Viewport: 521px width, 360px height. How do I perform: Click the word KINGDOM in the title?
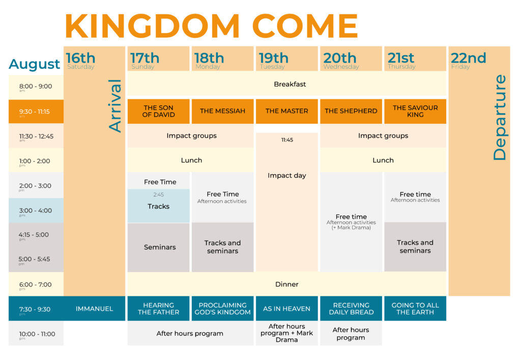pyautogui.click(x=152, y=26)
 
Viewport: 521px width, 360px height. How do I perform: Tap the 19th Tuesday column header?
pyautogui.click(x=287, y=59)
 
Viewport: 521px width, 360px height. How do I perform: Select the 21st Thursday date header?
pyautogui.click(x=415, y=59)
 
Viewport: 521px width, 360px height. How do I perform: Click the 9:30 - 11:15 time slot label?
pyautogui.click(x=35, y=112)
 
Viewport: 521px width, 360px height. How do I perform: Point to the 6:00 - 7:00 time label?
pyautogui.click(x=35, y=285)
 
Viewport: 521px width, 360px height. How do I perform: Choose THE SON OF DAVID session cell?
pyautogui.click(x=159, y=112)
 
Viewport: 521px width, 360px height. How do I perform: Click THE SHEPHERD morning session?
pyautogui.click(x=351, y=112)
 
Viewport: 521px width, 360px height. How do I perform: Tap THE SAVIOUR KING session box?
pyautogui.click(x=415, y=112)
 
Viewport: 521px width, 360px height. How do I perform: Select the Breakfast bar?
pyautogui.click(x=287, y=84)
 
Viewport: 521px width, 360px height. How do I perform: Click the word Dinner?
pyautogui.click(x=287, y=284)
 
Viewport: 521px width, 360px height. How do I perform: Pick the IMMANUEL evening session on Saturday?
pyautogui.click(x=94, y=309)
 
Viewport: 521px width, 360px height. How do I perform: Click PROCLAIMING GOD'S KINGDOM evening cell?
pyautogui.click(x=223, y=309)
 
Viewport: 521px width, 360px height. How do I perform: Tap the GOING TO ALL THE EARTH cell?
pyautogui.click(x=415, y=309)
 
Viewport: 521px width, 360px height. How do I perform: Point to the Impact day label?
pyautogui.click(x=287, y=176)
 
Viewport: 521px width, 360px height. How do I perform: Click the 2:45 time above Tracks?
pyautogui.click(x=159, y=195)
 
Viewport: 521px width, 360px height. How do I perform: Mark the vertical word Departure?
pyautogui.click(x=500, y=117)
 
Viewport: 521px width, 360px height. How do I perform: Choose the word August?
pyautogui.click(x=34, y=64)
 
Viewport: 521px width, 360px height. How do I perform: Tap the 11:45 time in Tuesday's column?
pyautogui.click(x=287, y=140)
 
